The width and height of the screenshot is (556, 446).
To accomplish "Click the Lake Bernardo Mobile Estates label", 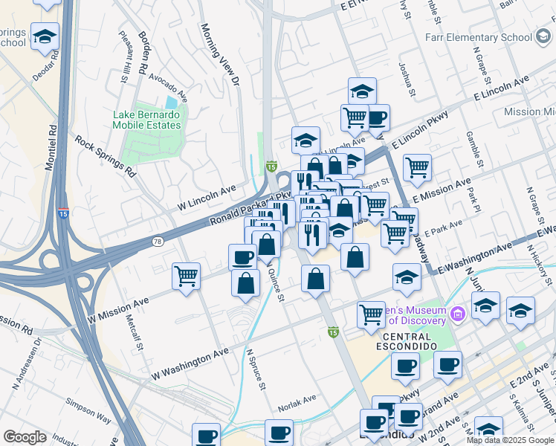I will point(146,120).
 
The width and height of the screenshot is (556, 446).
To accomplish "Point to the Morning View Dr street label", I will point(220,53).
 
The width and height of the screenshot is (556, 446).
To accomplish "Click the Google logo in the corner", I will point(25,436).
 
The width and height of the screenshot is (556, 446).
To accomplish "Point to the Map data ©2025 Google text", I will point(510,440).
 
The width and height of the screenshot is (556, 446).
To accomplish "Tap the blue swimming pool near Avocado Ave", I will point(172,102).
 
